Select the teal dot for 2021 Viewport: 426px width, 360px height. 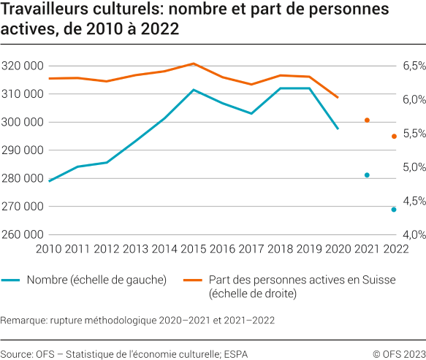(367, 175)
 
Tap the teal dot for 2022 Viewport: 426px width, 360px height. (394, 210)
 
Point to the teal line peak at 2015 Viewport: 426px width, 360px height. (193, 90)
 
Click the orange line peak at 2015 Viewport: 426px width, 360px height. (193, 64)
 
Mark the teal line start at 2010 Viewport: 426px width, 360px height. (50, 180)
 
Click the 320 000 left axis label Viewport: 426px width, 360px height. (23, 66)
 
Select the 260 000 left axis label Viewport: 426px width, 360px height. (23, 234)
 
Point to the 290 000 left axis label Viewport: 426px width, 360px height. (23, 150)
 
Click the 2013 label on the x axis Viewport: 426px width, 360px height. (135, 249)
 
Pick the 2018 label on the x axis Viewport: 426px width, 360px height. (279, 249)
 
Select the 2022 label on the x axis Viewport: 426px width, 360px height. (395, 249)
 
